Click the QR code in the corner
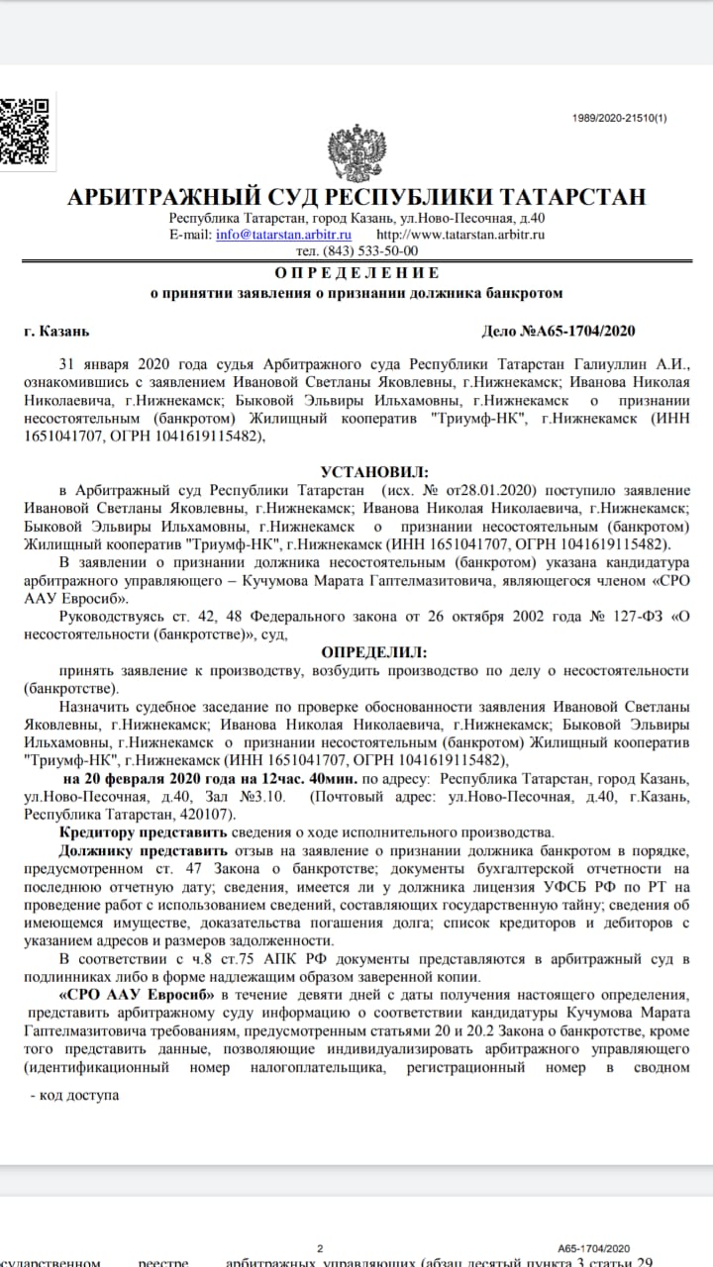pos(24,130)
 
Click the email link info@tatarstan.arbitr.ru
pos(284,235)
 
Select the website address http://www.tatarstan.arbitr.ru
pos(460,235)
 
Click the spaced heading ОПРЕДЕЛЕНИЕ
pos(356,272)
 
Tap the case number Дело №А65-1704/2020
pos(558,331)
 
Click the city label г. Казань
pos(56,331)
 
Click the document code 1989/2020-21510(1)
pos(620,118)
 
